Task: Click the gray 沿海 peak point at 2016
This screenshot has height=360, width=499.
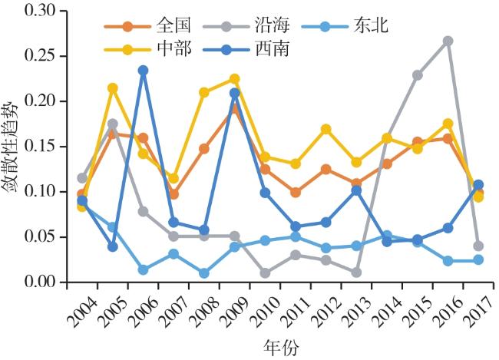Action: point(448,41)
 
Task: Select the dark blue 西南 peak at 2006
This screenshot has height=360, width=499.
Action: point(143,71)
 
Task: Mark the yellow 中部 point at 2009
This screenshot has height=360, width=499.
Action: point(235,79)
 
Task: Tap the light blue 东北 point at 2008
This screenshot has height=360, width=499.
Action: point(204,273)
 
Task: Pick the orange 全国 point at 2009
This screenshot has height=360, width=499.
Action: point(235,109)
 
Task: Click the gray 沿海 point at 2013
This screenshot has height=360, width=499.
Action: point(356,272)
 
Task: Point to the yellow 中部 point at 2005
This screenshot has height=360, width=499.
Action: point(113,88)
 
